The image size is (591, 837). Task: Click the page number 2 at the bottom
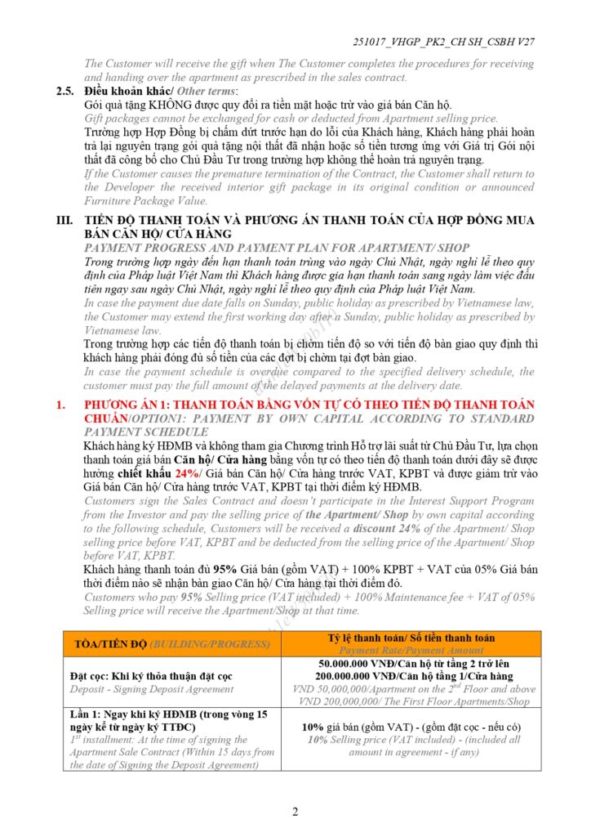295,812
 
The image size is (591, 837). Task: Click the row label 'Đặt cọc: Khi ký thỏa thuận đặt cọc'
151,676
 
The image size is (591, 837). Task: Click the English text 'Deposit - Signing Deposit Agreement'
152,689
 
